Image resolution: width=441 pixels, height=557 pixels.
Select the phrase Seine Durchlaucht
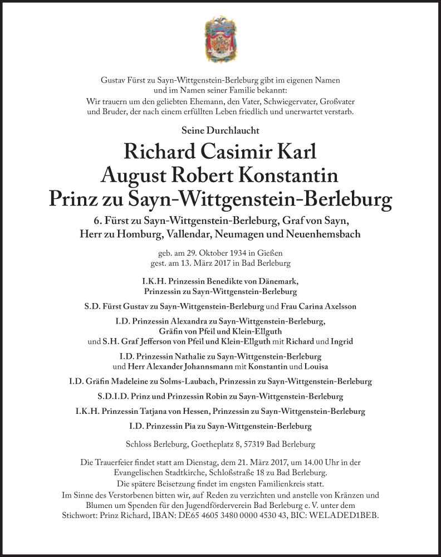[220, 130]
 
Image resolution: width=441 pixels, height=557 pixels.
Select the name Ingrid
[341, 341]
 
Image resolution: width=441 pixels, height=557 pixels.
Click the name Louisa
[316, 367]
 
